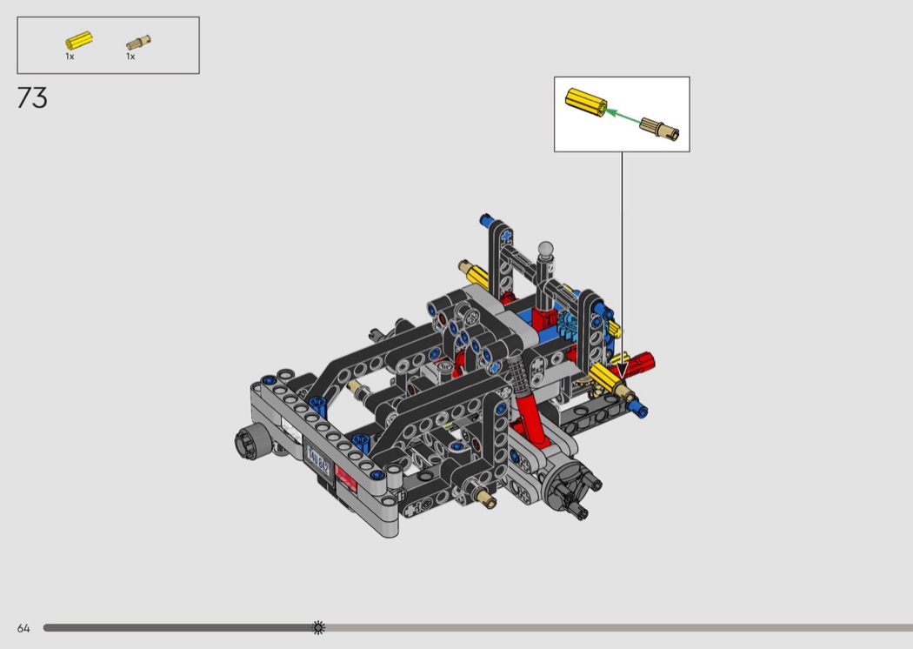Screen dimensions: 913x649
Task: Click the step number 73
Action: click(x=32, y=98)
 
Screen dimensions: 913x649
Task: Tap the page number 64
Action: click(x=23, y=628)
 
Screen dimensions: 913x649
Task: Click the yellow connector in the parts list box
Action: click(x=78, y=41)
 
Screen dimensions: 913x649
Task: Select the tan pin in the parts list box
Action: click(x=138, y=43)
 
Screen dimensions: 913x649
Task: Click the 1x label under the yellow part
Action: click(x=70, y=57)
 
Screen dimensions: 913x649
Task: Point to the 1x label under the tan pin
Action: click(x=130, y=57)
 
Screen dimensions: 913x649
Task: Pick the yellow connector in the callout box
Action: click(x=586, y=103)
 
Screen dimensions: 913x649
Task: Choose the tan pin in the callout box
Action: click(x=659, y=128)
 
